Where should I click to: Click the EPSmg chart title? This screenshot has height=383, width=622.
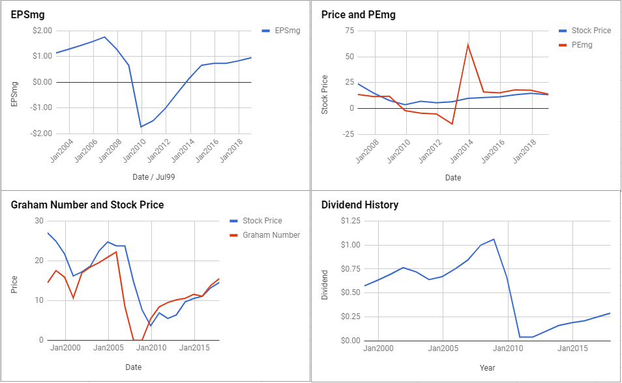point(27,15)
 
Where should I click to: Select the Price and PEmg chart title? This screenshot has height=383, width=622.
point(358,15)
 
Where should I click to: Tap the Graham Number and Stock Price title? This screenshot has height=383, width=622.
point(87,205)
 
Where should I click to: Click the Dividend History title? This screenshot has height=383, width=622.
point(360,205)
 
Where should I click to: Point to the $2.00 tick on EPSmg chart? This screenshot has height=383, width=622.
point(42,31)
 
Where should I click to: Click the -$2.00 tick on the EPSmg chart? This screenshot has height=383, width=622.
point(41,134)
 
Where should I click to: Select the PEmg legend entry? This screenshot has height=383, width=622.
point(576,45)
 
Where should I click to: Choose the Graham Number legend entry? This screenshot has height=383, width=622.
point(265,235)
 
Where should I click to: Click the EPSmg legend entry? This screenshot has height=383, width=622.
point(281,31)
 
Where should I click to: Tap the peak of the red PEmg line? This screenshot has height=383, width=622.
point(469,45)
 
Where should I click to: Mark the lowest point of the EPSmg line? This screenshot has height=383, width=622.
point(141,127)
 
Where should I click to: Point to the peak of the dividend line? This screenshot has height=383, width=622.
point(494,239)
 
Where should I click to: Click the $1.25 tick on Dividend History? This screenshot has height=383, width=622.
point(351,221)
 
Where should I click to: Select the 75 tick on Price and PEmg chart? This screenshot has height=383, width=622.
point(349,31)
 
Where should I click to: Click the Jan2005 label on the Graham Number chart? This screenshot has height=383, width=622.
point(108,348)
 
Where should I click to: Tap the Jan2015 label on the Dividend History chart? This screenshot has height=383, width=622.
point(572,348)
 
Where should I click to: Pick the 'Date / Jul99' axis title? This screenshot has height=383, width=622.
point(153,177)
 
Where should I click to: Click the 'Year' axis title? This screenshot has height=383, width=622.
point(487,368)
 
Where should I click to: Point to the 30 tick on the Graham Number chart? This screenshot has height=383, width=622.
point(39,221)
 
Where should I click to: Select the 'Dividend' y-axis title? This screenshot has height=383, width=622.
point(325,285)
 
